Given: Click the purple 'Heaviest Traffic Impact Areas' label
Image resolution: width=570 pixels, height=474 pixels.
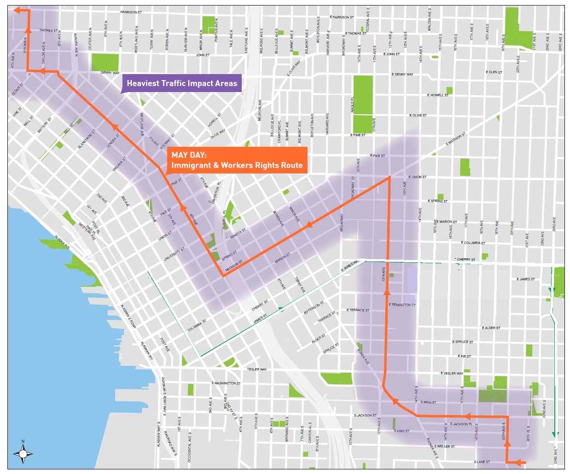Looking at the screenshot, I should pyautogui.click(x=182, y=83).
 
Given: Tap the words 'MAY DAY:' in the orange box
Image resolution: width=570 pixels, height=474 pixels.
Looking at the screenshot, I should pyautogui.click(x=189, y=155).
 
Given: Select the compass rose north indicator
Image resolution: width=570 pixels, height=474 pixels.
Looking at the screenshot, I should pyautogui.click(x=23, y=453).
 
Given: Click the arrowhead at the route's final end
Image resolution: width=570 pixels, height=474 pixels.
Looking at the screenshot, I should pyautogui.click(x=17, y=10).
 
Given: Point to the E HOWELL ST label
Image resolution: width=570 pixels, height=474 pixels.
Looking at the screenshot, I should pyautogui.click(x=437, y=95).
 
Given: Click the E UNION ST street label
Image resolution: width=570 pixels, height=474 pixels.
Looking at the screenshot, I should pyautogui.click(x=417, y=177).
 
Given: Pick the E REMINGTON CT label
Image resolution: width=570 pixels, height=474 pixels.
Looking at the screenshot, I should pyautogui.click(x=402, y=305).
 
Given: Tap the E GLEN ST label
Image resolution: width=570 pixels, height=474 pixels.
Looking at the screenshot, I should pyautogui.click(x=494, y=72).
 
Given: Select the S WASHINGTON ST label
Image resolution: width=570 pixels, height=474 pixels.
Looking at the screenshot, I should pyautogui.click(x=226, y=383).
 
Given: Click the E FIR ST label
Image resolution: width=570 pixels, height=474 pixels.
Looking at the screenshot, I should pyautogui.click(x=465, y=356).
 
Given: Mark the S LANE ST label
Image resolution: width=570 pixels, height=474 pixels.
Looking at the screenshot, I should pyautogui.click(x=482, y=462).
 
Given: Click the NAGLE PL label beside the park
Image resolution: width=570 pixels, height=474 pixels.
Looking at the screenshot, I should pyautogui.click(x=352, y=104).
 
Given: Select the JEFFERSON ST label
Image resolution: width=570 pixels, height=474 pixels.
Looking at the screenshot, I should pyautogui.click(x=314, y=308).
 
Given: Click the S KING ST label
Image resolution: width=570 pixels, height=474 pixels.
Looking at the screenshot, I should pyautogui.click(x=401, y=431).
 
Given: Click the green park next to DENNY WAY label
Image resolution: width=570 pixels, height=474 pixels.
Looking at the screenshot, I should pyautogui.click(x=105, y=62).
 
